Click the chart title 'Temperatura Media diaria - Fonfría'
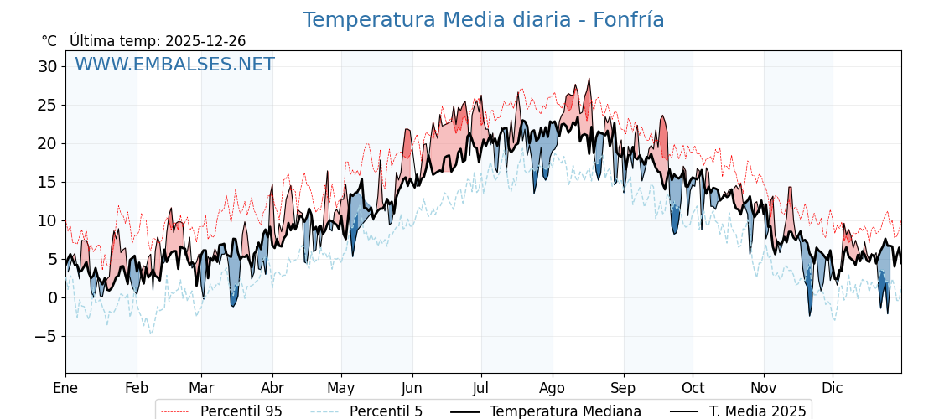[x=483, y=20]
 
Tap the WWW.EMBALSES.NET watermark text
[x=174, y=65]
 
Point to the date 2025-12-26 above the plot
[x=205, y=41]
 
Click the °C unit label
[x=49, y=41]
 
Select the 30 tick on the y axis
[x=47, y=66]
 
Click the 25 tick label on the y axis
[x=47, y=105]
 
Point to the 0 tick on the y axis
[x=52, y=297]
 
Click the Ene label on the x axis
[x=65, y=388]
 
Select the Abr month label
[x=272, y=388]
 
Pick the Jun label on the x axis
[x=412, y=388]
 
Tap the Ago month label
[x=553, y=388]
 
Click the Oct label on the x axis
[x=693, y=388]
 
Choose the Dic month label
[x=833, y=388]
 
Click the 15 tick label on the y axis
[x=47, y=182]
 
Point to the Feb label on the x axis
[x=137, y=388]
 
